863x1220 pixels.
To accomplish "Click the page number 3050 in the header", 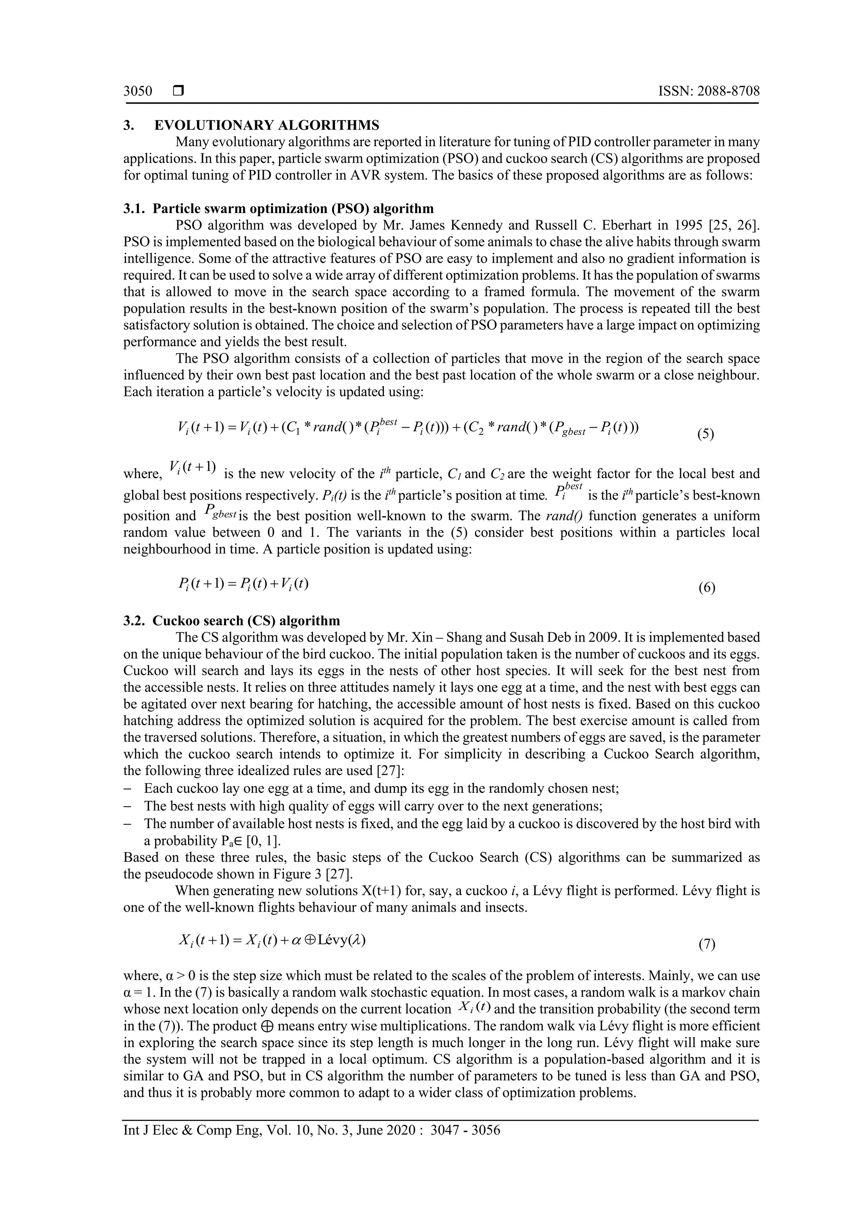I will pos(138,91).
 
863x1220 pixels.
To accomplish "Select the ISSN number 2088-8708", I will pos(728,91).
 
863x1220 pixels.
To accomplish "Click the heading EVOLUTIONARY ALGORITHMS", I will pos(267,126).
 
